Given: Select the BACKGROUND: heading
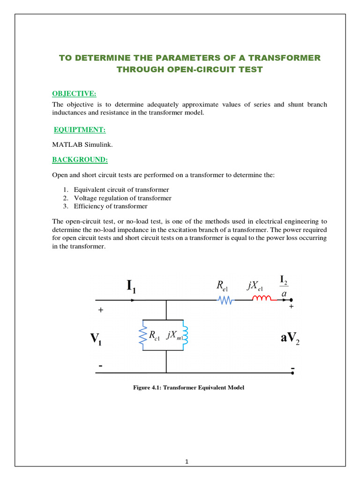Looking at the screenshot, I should (80, 160).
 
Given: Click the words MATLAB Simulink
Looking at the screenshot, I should (76, 145).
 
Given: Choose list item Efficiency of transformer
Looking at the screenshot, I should (111, 206).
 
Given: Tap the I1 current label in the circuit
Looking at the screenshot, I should (131, 285).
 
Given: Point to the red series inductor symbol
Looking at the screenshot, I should (262, 300).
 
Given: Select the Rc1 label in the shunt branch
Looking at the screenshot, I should (154, 336).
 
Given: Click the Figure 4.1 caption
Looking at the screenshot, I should (189, 388).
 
